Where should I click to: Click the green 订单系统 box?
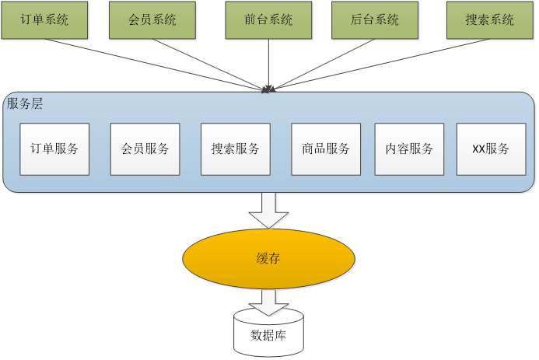[44, 20]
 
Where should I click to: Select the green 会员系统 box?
[152, 20]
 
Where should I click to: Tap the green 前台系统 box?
[269, 20]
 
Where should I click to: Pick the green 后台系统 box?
[375, 20]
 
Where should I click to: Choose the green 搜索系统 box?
[490, 20]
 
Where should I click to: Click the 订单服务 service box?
[54, 149]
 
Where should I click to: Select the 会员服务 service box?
[145, 149]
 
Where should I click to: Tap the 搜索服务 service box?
[236, 149]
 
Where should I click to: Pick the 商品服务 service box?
[326, 149]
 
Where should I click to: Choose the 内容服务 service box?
[409, 149]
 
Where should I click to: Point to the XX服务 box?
[491, 149]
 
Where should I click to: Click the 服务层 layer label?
[25, 103]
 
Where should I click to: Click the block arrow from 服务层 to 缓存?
[268, 209]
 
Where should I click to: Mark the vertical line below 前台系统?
[269, 62]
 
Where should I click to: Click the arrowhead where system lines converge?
[268, 89]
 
